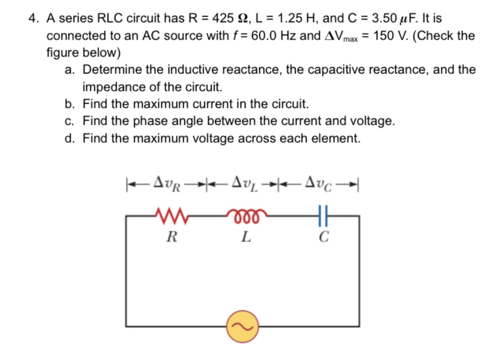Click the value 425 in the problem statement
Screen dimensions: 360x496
coord(223,18)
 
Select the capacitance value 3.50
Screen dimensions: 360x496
coord(385,18)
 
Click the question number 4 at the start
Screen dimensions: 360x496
coord(32,18)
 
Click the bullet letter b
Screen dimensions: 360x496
coord(70,104)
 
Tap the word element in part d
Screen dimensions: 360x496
coord(334,139)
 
